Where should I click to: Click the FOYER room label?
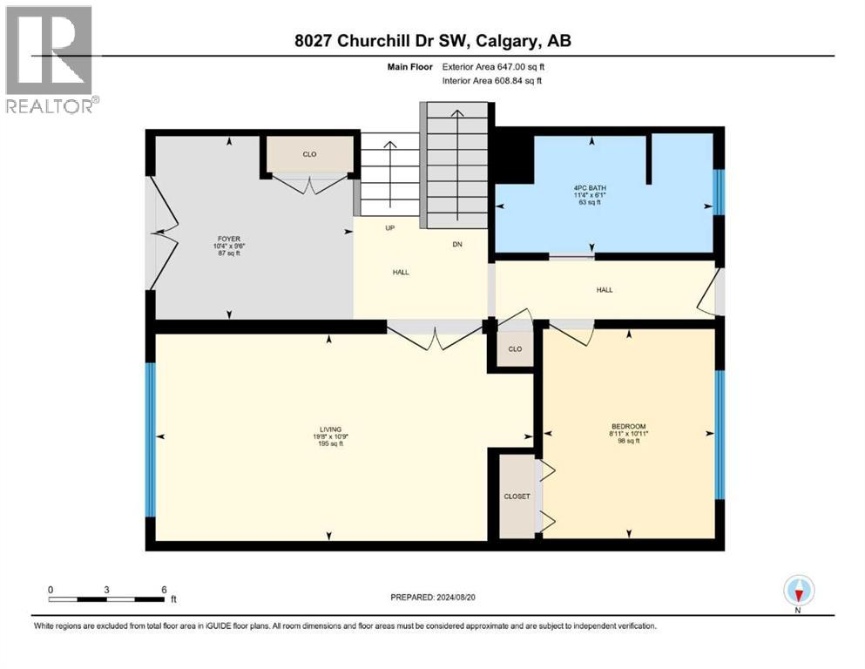click(228, 237)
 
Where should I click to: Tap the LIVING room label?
click(329, 429)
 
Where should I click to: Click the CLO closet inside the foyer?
click(309, 155)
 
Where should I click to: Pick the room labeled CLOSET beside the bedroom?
click(517, 497)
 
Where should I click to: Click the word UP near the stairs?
click(390, 228)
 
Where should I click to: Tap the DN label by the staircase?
click(456, 245)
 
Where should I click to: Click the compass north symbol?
click(798, 591)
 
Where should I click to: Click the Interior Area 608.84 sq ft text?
click(493, 80)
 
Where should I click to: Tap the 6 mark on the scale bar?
click(164, 590)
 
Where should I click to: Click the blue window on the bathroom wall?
click(719, 192)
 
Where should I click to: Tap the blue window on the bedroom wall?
click(719, 435)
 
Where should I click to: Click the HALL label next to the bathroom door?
click(604, 289)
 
